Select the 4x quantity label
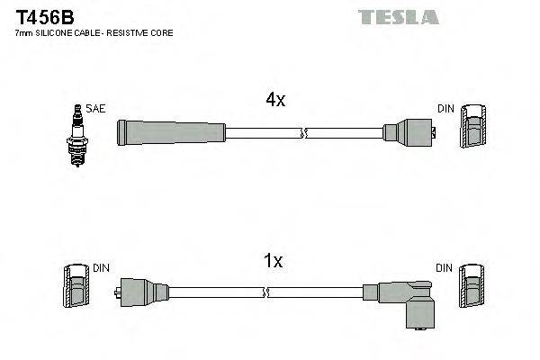point(275,101)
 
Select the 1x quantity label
point(274,261)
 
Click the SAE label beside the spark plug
point(95,109)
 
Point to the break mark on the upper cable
point(304,133)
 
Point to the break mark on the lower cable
point(267,292)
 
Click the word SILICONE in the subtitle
point(59,32)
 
